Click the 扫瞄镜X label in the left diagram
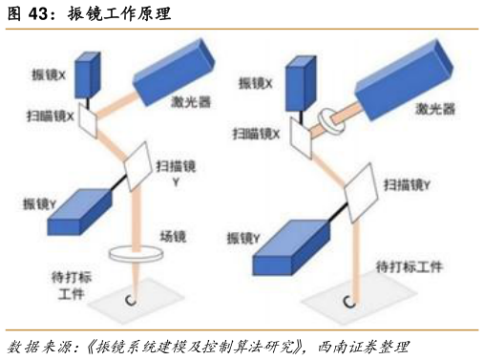pos(51,116)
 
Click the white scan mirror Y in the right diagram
pos(362,191)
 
